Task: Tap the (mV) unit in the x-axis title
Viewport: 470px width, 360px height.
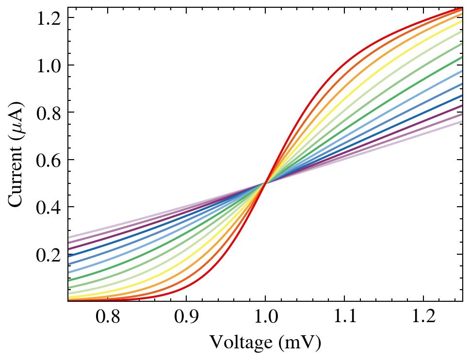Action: (x=300, y=343)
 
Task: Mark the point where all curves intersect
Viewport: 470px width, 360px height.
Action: (x=265, y=183)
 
